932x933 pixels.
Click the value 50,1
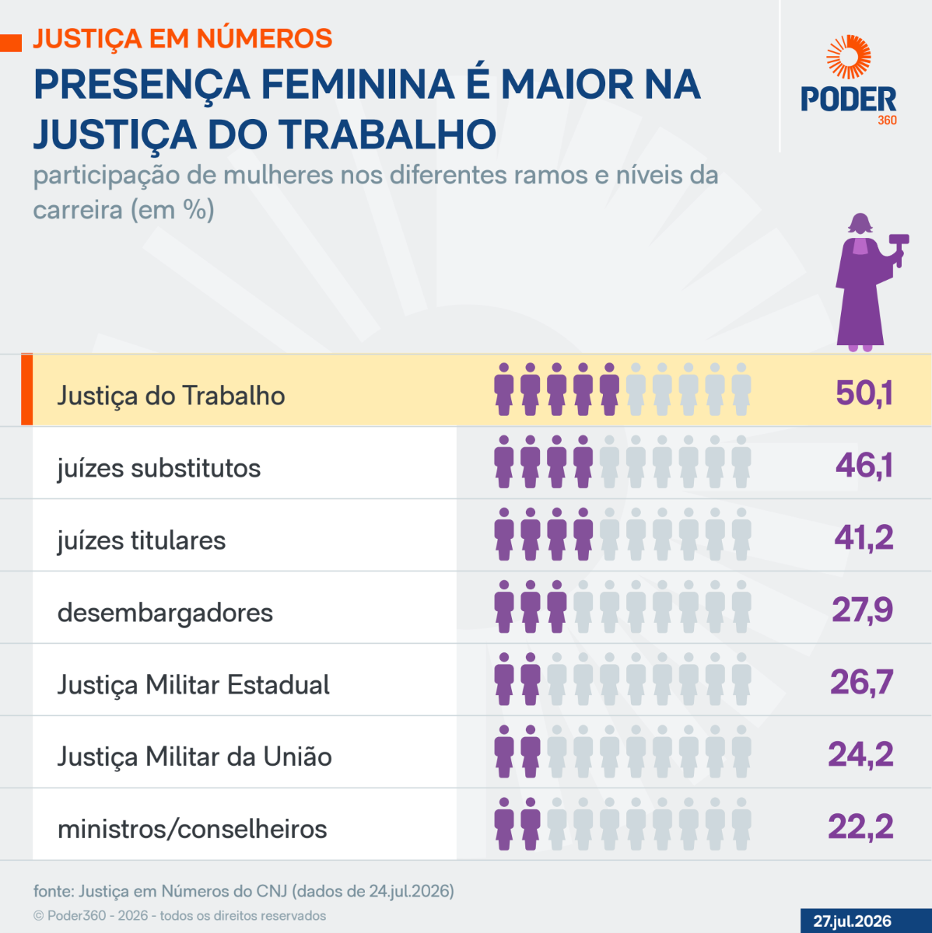pyautogui.click(x=864, y=393)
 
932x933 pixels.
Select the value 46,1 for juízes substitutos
pyautogui.click(x=864, y=465)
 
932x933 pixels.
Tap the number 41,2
pyautogui.click(x=864, y=537)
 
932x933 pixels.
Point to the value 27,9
pyautogui.click(x=863, y=610)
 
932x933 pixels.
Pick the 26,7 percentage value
pyautogui.click(x=862, y=682)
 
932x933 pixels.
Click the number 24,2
pyautogui.click(x=860, y=754)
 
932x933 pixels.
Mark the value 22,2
pyautogui.click(x=860, y=826)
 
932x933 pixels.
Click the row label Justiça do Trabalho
pyautogui.click(x=171, y=396)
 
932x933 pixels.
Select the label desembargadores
pyautogui.click(x=165, y=613)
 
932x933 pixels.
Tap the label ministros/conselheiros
pyautogui.click(x=192, y=830)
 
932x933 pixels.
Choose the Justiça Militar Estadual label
pyautogui.click(x=194, y=686)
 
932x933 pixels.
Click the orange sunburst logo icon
pyautogui.click(x=849, y=57)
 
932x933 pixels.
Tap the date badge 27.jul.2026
pyautogui.click(x=852, y=921)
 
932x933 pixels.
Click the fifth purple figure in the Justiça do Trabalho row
pyautogui.click(x=609, y=390)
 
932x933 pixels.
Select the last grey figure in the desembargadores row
pyautogui.click(x=741, y=606)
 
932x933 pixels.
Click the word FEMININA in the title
pyautogui.click(x=358, y=85)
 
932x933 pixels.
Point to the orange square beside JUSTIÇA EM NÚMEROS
pyautogui.click(x=11, y=43)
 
